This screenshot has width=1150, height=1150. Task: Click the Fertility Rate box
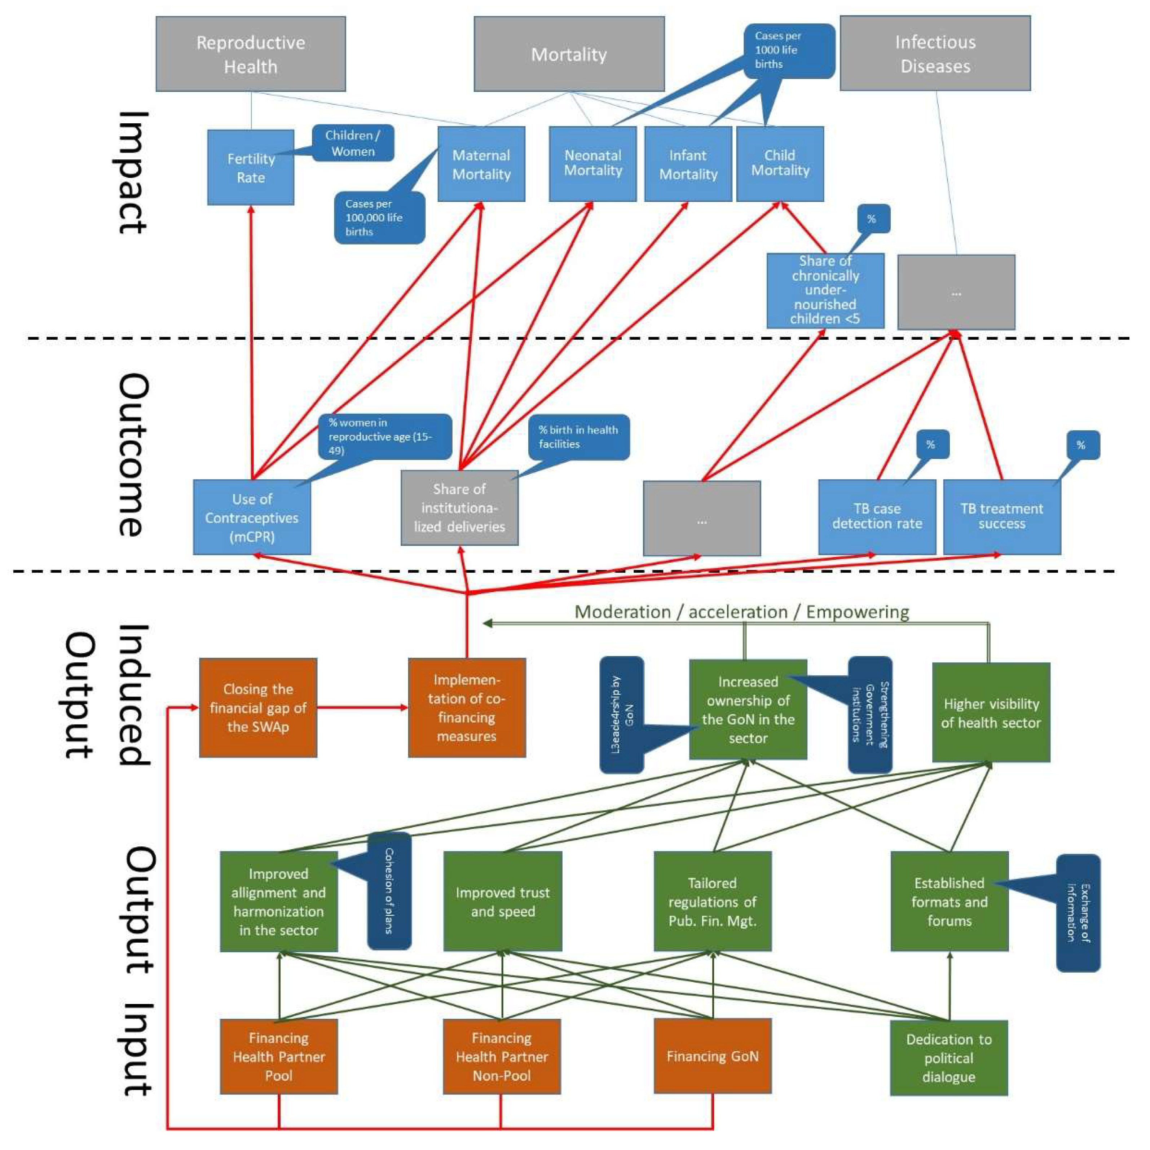(251, 167)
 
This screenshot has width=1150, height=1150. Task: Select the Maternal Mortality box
(481, 164)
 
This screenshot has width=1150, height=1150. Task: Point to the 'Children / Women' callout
(353, 143)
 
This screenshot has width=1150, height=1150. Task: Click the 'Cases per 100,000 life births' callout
(379, 218)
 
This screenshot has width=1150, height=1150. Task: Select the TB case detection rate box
(876, 517)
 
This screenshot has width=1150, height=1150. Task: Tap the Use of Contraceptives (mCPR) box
(252, 517)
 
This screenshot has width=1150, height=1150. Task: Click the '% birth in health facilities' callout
(578, 437)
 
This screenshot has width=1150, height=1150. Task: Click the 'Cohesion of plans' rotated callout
(389, 890)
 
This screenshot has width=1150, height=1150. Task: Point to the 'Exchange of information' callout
(1078, 912)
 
